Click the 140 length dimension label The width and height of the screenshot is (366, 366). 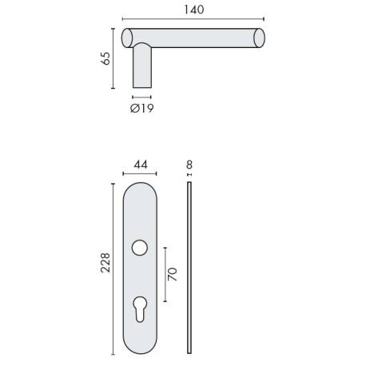(x=194, y=10)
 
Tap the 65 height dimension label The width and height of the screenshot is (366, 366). (x=104, y=59)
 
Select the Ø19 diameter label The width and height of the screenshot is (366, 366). (x=141, y=108)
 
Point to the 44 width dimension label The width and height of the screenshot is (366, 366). (x=141, y=165)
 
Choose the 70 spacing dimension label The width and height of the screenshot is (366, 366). (x=173, y=274)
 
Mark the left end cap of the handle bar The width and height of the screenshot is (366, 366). (x=126, y=38)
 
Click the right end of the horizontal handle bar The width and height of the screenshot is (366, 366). (x=258, y=38)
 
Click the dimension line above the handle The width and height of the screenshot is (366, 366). (x=194, y=20)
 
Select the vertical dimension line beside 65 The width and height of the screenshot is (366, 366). (x=113, y=59)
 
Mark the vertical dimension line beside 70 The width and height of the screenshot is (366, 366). (x=164, y=274)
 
